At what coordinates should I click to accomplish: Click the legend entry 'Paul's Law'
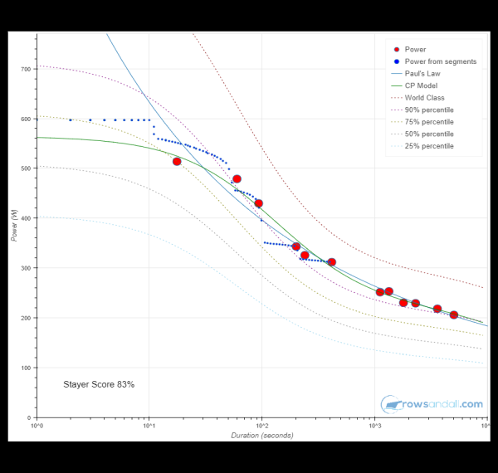tap(423, 73)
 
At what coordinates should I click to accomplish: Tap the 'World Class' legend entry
tap(424, 98)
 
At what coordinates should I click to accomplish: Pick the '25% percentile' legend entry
tap(429, 146)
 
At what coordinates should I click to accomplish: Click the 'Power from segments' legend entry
tap(440, 61)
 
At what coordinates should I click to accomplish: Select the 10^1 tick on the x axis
tap(149, 427)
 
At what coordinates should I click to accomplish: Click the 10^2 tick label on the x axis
tap(261, 427)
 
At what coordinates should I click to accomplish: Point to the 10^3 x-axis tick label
tap(373, 427)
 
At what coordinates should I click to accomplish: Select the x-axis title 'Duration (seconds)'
tap(261, 436)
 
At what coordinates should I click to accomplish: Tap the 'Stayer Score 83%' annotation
tap(99, 384)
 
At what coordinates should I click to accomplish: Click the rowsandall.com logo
tap(432, 404)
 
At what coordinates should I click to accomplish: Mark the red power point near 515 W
tap(177, 161)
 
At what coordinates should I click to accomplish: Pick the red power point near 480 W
tap(237, 178)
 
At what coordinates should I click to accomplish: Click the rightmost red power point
tap(454, 315)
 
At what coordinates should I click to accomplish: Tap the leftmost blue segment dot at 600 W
tap(71, 119)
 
